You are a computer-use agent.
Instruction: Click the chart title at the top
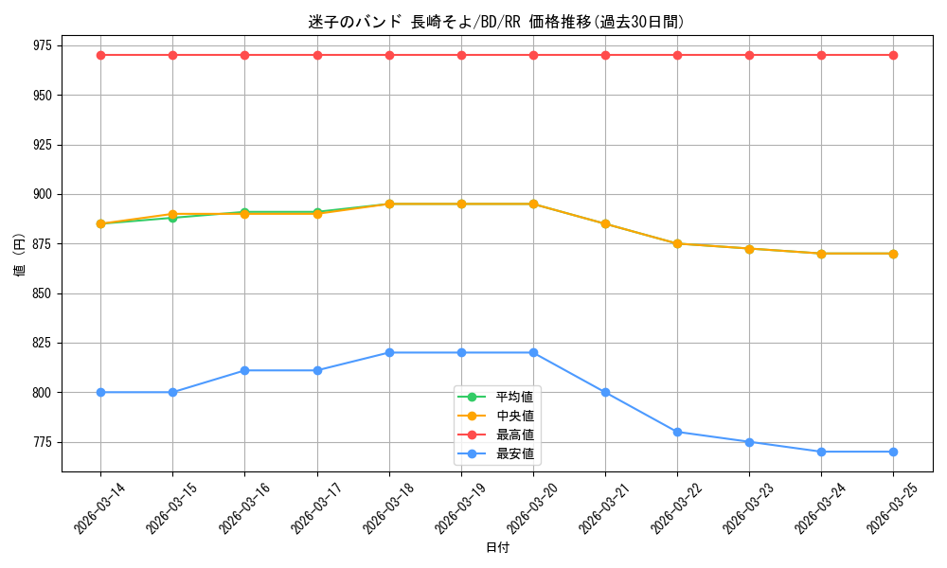[496, 23]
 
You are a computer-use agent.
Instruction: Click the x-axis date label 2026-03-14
[93, 508]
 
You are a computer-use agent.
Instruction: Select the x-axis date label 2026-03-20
[526, 508]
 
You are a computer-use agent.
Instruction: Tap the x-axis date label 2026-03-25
[885, 508]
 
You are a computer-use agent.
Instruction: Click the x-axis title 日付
[498, 547]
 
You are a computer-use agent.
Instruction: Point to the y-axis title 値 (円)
[20, 254]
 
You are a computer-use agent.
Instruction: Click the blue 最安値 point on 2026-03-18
[389, 352]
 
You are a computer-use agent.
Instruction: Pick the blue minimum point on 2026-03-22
[678, 433]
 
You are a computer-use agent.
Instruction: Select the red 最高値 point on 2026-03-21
[605, 56]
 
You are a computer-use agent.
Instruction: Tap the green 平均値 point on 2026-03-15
[172, 218]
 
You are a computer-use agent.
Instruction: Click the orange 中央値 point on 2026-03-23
[749, 249]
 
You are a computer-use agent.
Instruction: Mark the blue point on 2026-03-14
[101, 392]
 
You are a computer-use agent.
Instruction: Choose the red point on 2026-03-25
[893, 56]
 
